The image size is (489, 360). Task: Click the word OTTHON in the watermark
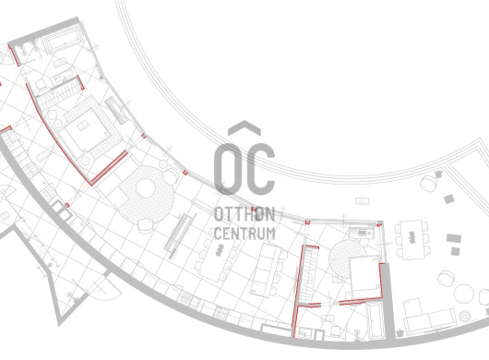(244, 214)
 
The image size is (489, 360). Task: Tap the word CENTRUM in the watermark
(244, 234)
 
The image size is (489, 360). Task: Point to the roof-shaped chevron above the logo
(244, 128)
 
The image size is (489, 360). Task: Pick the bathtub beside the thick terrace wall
(376, 320)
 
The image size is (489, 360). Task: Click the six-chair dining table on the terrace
(411, 239)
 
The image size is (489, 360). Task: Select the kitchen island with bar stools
(266, 270)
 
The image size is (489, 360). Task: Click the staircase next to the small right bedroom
(309, 273)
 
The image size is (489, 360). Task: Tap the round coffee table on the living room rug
(146, 187)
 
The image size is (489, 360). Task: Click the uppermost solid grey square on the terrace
(448, 198)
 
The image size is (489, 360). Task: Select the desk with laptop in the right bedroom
(361, 233)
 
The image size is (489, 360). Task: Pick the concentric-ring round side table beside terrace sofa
(465, 317)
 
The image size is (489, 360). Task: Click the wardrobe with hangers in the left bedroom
(59, 94)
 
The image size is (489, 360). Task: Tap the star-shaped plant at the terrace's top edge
(438, 174)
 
